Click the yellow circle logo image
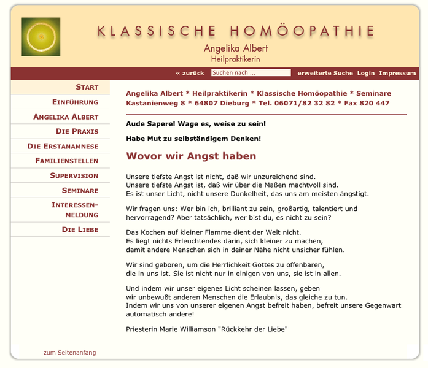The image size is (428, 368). [41, 37]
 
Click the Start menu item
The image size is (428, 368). [87, 87]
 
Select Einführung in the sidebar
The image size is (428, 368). [75, 102]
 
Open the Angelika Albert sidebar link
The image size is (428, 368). [66, 117]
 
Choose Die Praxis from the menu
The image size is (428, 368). [77, 131]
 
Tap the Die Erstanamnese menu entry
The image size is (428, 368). [63, 146]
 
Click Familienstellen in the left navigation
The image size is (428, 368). [67, 161]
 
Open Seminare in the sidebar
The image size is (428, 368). [80, 190]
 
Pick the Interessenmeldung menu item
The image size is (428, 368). [74, 210]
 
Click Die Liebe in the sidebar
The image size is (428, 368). [80, 229]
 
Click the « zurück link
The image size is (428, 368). [190, 73]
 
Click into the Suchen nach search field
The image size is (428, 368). [251, 73]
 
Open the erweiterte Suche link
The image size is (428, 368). [325, 73]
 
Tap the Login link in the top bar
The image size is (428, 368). [365, 73]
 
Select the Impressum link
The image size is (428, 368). [397, 73]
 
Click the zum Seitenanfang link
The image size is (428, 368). [69, 353]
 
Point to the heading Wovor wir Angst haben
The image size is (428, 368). [191, 156]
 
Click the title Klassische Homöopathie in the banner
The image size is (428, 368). [236, 31]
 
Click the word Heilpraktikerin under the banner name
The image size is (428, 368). [235, 59]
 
